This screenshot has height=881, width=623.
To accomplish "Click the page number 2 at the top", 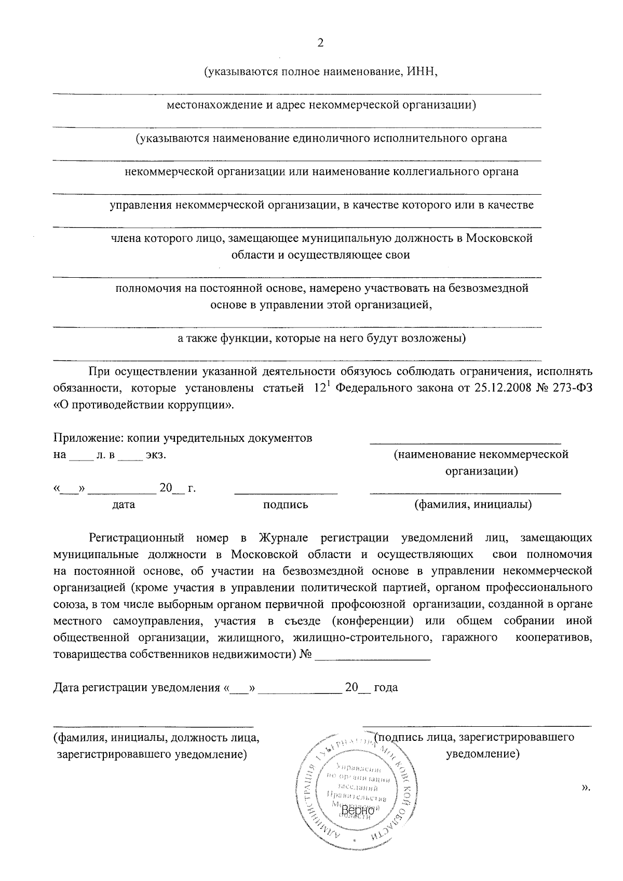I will pos(320,43).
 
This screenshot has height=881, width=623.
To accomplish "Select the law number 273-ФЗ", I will pos(569,388).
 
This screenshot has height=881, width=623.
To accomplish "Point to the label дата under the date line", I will pos(124,505).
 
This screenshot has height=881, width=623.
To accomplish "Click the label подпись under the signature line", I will pos(286,505).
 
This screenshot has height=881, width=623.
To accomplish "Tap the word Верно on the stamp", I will pos(358,810).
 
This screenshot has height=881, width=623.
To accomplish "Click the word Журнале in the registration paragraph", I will pos(283,538).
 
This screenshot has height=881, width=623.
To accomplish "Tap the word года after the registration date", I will pos(386,688).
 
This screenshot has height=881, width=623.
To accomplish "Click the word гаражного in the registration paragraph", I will pos(469,638).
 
